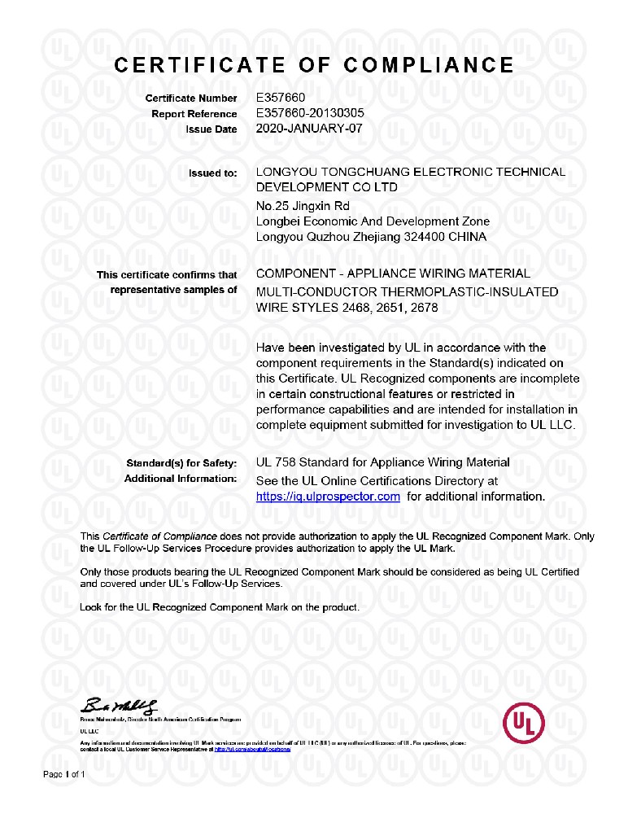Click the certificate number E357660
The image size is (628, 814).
[x=280, y=98]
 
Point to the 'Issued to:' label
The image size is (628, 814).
[x=213, y=173]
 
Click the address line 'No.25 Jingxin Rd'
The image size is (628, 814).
[x=303, y=206]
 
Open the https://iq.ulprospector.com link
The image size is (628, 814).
[x=328, y=497]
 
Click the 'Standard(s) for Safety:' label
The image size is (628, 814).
[x=181, y=463]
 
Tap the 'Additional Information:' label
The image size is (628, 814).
[x=181, y=479]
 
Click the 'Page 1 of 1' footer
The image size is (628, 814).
[x=63, y=774]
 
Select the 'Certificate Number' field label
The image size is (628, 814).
[x=191, y=98]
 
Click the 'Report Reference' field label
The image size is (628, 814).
[x=194, y=114]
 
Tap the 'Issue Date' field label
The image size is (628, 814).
[x=212, y=129]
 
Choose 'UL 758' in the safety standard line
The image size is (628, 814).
[x=275, y=462]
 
